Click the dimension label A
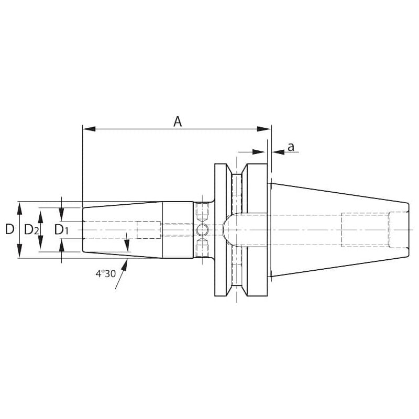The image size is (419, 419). pyautogui.click(x=178, y=122)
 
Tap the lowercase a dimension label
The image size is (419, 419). pyautogui.click(x=291, y=147)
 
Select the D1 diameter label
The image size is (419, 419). pyautogui.click(x=61, y=229)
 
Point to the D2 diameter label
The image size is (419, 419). pyautogui.click(x=31, y=229)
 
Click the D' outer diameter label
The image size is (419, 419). pyautogui.click(x=10, y=229)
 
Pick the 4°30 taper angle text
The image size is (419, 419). pyautogui.click(x=106, y=273)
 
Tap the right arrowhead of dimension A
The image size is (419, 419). pyautogui.click(x=264, y=129)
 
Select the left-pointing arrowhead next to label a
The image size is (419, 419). pyautogui.click(x=278, y=152)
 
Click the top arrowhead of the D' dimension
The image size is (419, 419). pyautogui.click(x=19, y=208)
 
